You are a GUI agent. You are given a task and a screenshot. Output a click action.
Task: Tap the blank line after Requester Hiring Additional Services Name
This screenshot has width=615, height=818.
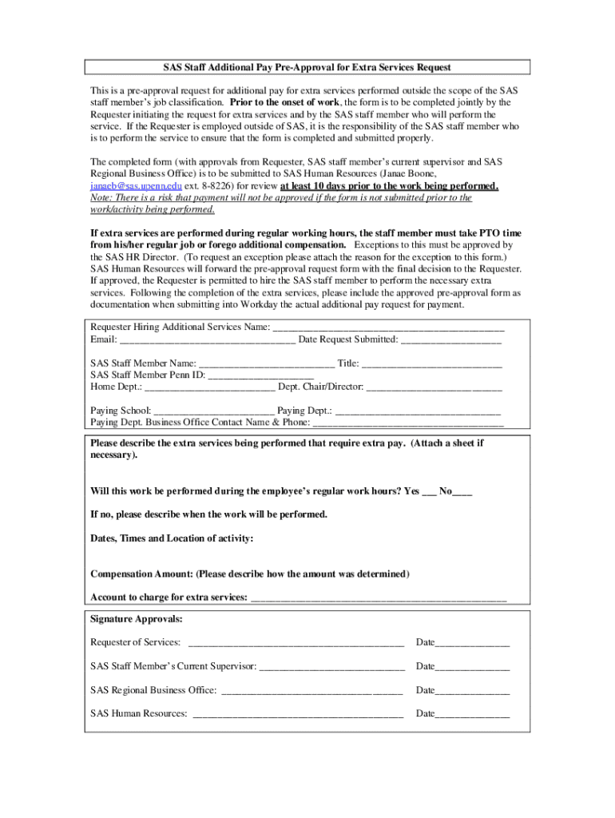tap(388, 328)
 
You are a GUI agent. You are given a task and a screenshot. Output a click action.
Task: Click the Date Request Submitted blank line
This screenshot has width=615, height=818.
tap(450, 340)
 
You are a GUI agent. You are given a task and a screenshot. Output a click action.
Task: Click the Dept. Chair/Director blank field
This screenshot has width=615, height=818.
tap(434, 387)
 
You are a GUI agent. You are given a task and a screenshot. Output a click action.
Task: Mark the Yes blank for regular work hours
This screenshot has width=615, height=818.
tap(429, 492)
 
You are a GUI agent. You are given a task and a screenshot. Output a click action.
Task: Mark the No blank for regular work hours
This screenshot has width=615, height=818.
tap(462, 492)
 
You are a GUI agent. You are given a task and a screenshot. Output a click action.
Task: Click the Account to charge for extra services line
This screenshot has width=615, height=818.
tap(379, 598)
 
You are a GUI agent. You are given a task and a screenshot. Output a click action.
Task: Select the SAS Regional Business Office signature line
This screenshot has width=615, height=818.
tap(311, 691)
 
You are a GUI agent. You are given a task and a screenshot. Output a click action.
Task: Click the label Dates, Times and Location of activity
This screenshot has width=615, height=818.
tap(172, 538)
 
